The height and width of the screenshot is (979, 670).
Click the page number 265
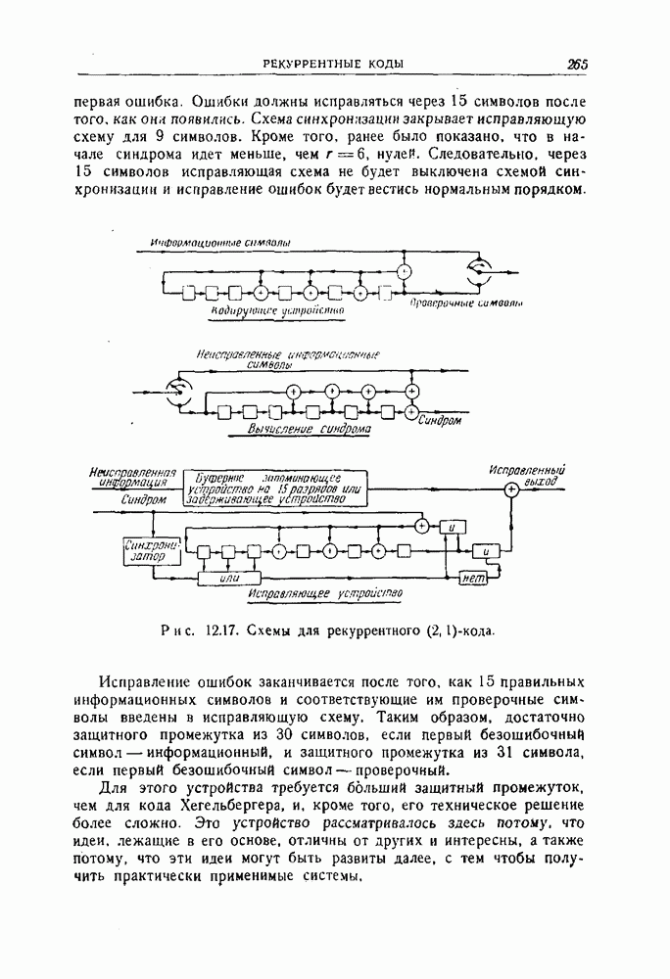click(576, 65)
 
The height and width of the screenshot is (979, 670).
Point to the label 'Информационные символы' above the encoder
click(219, 241)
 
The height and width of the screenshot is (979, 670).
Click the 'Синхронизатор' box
click(150, 550)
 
